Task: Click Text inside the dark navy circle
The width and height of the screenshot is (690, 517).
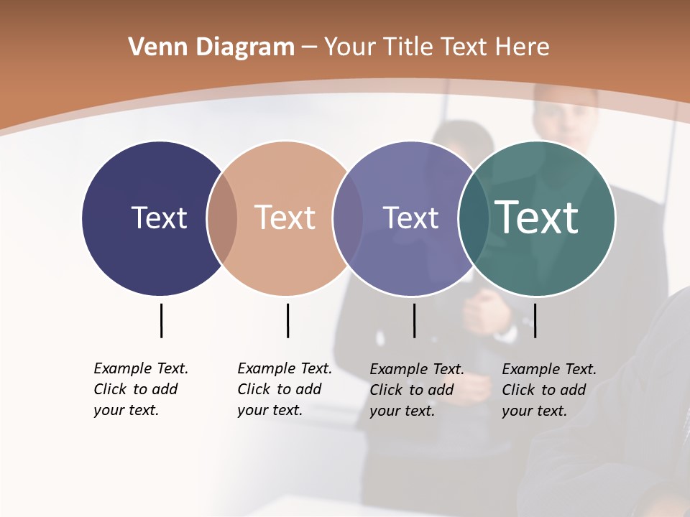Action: (159, 218)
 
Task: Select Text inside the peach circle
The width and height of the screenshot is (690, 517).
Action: (285, 218)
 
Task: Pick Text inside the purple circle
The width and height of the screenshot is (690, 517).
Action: (410, 218)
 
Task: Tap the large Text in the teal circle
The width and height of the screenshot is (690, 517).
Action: (537, 218)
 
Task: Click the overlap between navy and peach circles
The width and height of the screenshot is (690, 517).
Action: (222, 218)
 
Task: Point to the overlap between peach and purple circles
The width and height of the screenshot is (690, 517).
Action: (348, 218)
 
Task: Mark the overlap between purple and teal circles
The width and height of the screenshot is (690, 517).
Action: (474, 218)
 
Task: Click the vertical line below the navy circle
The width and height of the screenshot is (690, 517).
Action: (161, 320)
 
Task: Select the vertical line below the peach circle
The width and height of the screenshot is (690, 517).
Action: (287, 320)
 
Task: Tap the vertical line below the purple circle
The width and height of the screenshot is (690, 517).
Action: (414, 320)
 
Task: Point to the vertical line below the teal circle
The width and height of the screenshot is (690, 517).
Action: (535, 320)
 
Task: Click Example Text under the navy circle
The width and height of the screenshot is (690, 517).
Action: (141, 368)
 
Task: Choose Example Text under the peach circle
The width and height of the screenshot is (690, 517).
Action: (285, 368)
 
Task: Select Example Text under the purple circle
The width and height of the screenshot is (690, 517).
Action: (417, 369)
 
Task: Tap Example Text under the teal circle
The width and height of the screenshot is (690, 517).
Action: (549, 369)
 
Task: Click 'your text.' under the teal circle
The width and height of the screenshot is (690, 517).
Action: (534, 411)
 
